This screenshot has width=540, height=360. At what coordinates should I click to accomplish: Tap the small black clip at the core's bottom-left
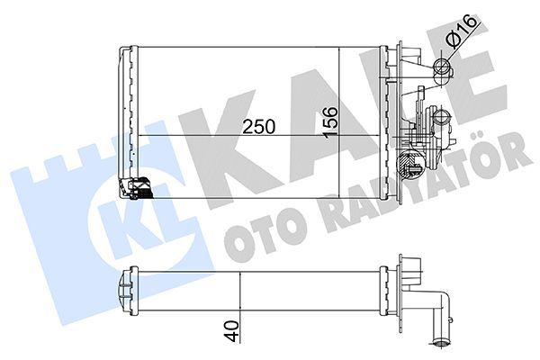click(x=139, y=188)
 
